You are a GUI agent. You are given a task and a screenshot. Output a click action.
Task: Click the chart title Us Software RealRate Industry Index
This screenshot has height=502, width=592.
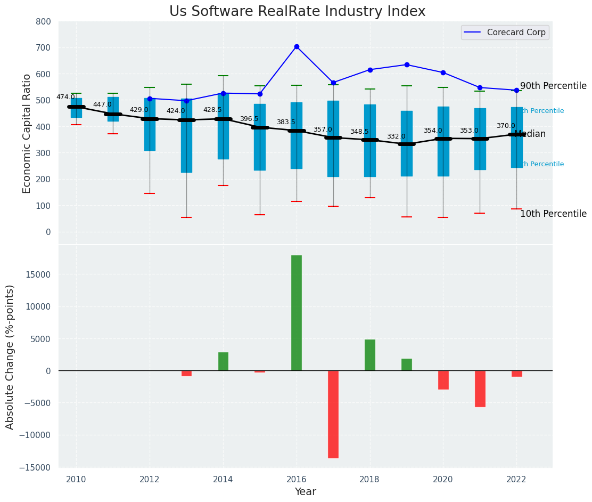[x=297, y=12]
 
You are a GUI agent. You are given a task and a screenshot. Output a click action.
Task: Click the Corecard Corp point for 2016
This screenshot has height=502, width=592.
[x=297, y=47]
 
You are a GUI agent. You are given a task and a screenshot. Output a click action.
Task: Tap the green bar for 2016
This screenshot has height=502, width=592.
[x=297, y=313]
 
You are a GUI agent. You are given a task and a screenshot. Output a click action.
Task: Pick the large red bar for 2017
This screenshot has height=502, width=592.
[x=333, y=414]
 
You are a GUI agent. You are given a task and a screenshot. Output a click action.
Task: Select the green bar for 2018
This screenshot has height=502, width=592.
[x=370, y=355]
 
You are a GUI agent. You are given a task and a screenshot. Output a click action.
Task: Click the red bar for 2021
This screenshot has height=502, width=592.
[x=480, y=388]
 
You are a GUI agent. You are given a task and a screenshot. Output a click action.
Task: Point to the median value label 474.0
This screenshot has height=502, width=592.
[x=65, y=98]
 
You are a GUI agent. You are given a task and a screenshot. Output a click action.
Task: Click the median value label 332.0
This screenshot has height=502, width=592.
[x=396, y=137]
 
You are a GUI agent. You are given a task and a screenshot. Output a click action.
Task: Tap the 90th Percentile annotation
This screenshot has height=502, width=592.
[x=553, y=86]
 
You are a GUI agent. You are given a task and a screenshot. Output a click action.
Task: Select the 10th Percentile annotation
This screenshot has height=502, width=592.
[x=553, y=214]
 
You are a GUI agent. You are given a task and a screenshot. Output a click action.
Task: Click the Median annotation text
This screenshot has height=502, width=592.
[x=530, y=134]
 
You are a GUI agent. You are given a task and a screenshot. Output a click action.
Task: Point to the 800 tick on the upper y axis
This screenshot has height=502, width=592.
[x=44, y=22]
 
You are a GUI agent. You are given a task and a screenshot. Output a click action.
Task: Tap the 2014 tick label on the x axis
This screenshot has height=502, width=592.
[x=223, y=479]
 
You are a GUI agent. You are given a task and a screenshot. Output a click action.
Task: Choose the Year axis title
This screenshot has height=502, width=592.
[x=306, y=492]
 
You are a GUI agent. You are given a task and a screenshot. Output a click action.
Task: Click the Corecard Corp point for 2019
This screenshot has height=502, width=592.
[x=407, y=65]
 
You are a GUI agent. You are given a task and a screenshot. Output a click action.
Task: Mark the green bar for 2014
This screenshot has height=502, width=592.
[x=223, y=361]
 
